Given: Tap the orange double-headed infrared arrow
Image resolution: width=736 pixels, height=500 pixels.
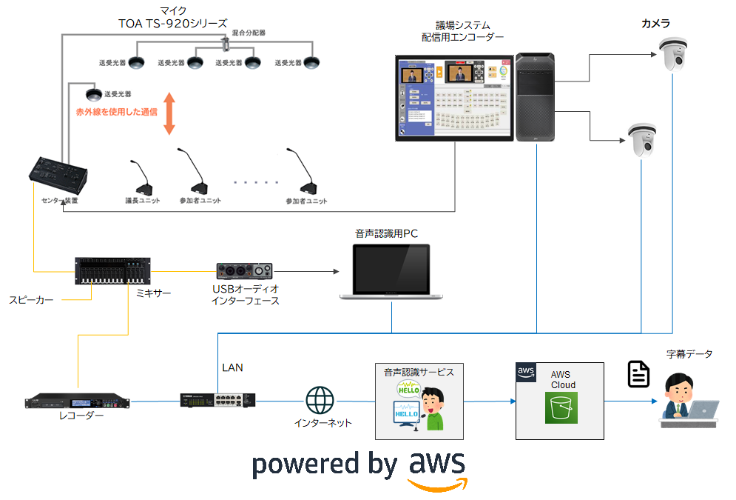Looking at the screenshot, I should tap(169, 113).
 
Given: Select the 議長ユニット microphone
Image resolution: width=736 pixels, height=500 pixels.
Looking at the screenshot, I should tap(141, 179).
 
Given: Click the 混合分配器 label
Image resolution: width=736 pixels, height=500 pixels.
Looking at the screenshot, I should tap(249, 33).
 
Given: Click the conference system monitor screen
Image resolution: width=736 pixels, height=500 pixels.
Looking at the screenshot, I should tap(454, 98).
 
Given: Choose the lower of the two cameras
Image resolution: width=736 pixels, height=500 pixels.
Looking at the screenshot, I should tap(641, 139).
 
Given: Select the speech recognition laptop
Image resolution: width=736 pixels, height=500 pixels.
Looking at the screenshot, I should tap(391, 272).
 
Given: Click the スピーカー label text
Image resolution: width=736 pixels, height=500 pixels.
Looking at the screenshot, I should tap(31, 300).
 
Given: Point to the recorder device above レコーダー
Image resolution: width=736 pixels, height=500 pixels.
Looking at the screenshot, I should tap(77, 401).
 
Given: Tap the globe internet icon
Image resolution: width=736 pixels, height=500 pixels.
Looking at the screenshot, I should tap(320, 400).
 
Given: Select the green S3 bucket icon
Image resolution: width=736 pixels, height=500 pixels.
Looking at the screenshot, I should tap(561, 407).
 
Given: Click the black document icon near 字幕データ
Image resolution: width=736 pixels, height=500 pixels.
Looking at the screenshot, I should tap(638, 374).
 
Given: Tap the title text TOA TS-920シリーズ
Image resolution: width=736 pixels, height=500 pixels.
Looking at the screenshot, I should tap(172, 24).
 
